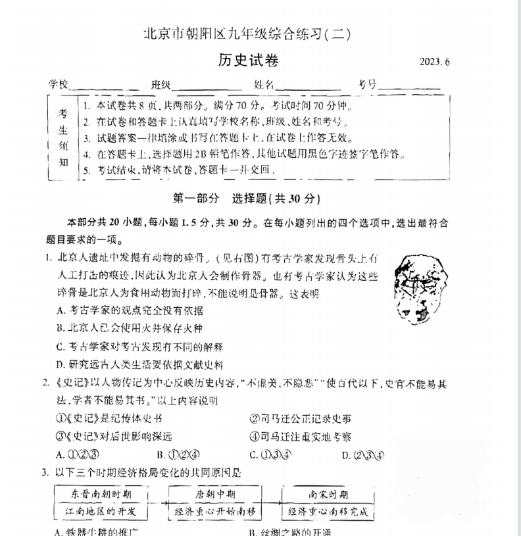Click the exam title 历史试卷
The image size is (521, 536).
click(249, 61)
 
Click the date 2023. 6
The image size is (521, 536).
click(437, 63)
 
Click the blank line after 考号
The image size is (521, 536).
click(409, 87)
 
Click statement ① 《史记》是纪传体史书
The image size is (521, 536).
click(109, 418)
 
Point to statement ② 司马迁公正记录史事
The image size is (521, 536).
click(300, 418)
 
